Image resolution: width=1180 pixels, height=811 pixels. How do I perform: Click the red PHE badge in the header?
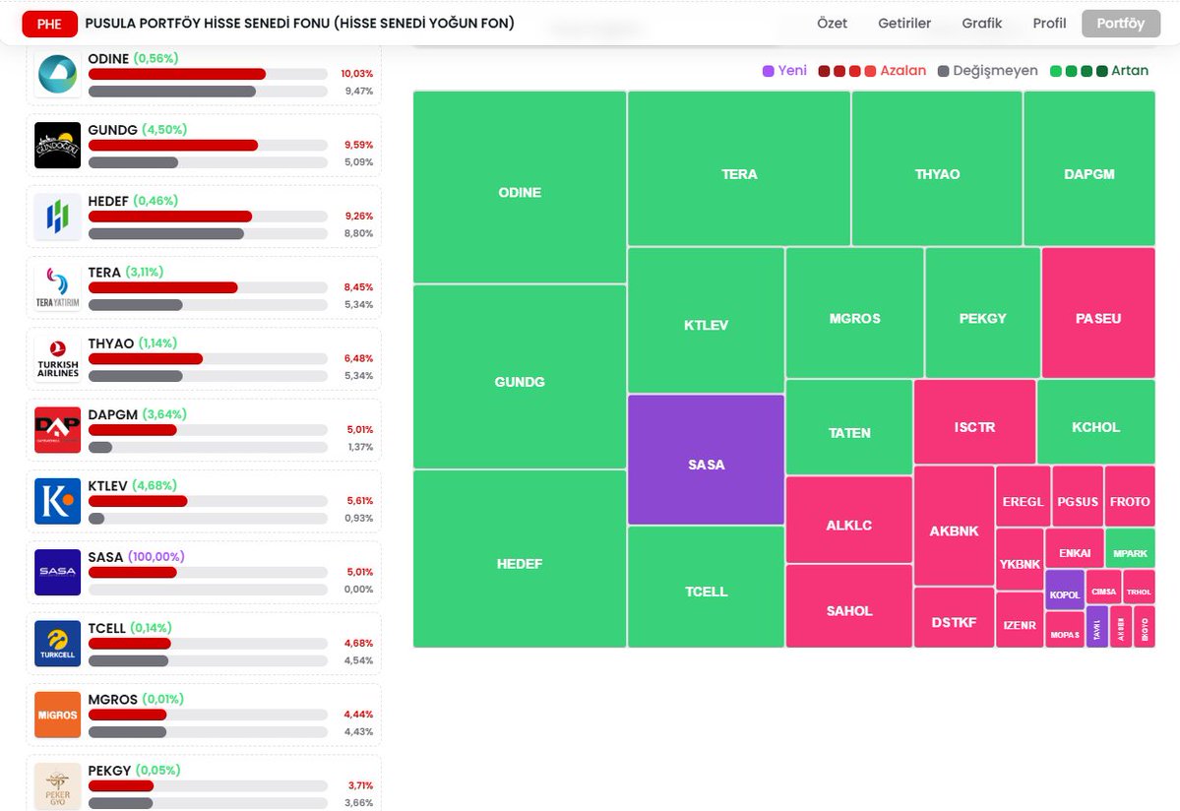coord(49,24)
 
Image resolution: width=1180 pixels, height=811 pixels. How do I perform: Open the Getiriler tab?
coord(903,24)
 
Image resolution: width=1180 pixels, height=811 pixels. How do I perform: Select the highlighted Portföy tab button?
coord(1120,24)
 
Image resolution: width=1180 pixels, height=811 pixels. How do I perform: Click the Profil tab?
coord(1049,24)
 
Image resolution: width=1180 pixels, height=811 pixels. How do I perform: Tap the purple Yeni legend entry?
coord(784,71)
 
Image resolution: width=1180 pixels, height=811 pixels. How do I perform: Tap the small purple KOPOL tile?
coord(1065,590)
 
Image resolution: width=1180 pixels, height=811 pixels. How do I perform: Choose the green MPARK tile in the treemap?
coord(1130,548)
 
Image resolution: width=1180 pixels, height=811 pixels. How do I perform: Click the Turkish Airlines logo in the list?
coord(57,359)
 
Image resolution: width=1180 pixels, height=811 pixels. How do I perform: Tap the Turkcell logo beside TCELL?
coord(57,644)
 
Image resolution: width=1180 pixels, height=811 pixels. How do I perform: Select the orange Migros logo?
coord(57,715)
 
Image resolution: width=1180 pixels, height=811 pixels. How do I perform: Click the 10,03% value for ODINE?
coord(356,74)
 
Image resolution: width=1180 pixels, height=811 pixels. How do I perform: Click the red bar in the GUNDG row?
coord(173,145)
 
